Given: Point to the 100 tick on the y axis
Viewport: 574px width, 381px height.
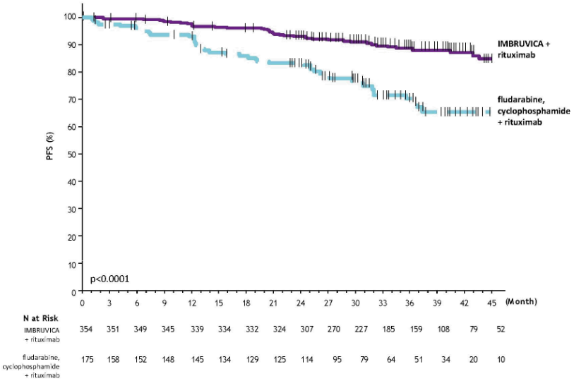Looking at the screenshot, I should tap(71, 17).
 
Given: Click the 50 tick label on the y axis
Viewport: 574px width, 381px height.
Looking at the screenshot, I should tap(73, 154).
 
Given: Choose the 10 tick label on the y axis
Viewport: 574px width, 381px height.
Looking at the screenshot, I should tap(73, 264).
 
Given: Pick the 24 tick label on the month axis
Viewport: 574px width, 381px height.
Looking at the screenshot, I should tap(301, 302).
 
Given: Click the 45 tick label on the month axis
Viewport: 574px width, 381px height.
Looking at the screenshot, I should tap(491, 302).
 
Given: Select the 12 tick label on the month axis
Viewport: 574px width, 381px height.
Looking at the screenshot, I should tap(191, 302).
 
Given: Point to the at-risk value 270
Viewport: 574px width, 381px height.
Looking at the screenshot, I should tap(328, 329).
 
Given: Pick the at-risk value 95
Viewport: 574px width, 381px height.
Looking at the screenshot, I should tap(328, 359).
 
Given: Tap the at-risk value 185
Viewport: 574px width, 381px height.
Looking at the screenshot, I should tap(383, 329).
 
